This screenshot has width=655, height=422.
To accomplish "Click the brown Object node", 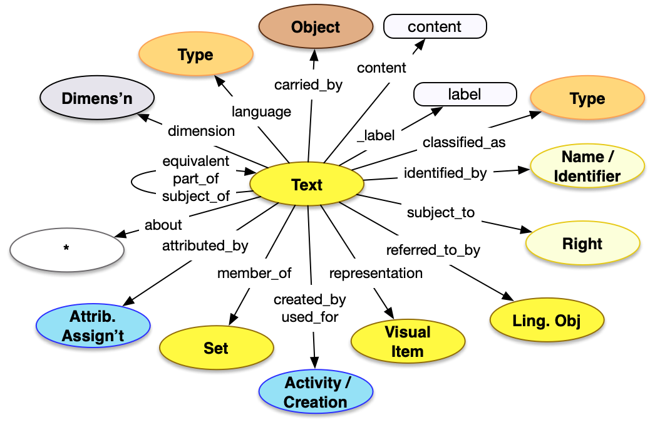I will (316, 28).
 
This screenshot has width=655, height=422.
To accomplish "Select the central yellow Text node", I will (306, 185).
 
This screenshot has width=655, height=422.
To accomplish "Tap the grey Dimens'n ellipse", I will (97, 99).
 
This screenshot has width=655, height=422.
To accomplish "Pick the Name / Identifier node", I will (587, 167).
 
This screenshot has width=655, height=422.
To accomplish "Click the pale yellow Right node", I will (582, 244).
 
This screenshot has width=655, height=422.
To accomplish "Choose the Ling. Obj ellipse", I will (546, 321).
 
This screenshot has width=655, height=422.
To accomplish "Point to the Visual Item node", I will (407, 341).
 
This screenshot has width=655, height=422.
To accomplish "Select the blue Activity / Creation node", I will (316, 393).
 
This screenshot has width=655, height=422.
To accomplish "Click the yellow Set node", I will (215, 348).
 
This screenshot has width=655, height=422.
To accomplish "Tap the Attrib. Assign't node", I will (93, 326).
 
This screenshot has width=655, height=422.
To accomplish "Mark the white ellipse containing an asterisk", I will (66, 249).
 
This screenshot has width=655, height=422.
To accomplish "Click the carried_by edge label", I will (308, 85).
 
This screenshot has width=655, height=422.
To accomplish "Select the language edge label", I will (261, 111).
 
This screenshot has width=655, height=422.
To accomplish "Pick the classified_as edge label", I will (463, 142).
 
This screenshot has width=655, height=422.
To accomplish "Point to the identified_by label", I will (445, 172).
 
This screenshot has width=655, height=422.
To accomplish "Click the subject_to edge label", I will (441, 212).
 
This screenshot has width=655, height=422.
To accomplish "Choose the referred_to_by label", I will (433, 250).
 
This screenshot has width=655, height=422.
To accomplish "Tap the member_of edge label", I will (254, 273).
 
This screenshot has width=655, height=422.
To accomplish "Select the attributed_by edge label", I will (205, 245).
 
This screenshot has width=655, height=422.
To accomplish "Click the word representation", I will (376, 273).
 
